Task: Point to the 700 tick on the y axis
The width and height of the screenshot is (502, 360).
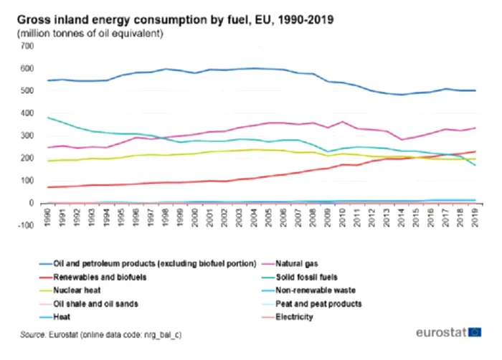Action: click(x=27, y=46)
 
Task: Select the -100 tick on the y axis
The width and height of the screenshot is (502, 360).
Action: click(x=26, y=226)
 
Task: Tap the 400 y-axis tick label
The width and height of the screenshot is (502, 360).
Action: click(x=27, y=113)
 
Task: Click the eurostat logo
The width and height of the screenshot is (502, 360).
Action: click(x=448, y=333)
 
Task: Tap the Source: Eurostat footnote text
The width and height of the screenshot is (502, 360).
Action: click(x=100, y=336)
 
